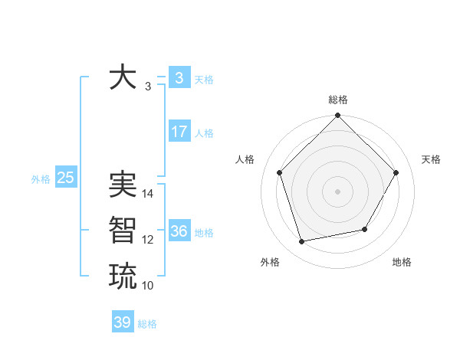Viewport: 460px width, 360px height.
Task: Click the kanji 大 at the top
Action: pyautogui.click(x=123, y=78)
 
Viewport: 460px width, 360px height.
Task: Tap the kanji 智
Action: pyautogui.click(x=123, y=230)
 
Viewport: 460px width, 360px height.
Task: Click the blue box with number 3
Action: pyautogui.click(x=179, y=78)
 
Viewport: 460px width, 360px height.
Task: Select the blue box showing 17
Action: pyautogui.click(x=179, y=132)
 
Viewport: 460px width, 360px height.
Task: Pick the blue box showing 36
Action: pyautogui.click(x=179, y=231)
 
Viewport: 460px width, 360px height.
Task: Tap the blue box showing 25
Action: pyautogui.click(x=65, y=178)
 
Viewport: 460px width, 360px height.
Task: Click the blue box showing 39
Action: pyautogui.click(x=123, y=322)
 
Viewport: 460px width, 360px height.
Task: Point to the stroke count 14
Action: pyautogui.click(x=149, y=194)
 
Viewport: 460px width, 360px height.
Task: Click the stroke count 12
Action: pyautogui.click(x=148, y=240)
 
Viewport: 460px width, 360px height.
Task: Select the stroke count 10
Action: pyautogui.click(x=148, y=286)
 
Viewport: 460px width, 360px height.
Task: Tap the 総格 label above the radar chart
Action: pyautogui.click(x=337, y=100)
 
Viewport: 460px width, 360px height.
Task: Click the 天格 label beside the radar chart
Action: pyautogui.click(x=431, y=159)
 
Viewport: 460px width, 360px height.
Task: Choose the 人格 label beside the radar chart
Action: pyautogui.click(x=245, y=159)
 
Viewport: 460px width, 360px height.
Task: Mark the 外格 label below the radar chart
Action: pyautogui.click(x=270, y=262)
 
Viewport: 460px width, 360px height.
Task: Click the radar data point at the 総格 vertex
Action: pyautogui.click(x=337, y=116)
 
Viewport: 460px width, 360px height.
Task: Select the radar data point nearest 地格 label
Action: pyautogui.click(x=365, y=229)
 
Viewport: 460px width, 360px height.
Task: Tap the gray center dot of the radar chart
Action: pyautogui.click(x=337, y=191)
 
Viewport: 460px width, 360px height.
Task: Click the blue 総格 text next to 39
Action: pyautogui.click(x=147, y=324)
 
